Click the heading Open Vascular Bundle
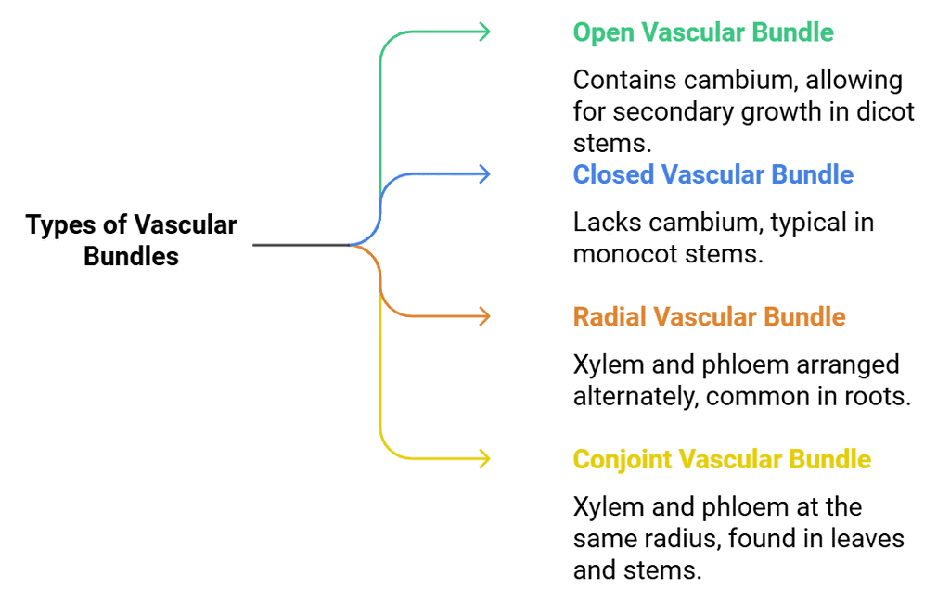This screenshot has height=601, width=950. click(x=702, y=32)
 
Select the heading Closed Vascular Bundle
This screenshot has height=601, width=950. click(x=712, y=174)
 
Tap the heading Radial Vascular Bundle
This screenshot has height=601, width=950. click(x=709, y=317)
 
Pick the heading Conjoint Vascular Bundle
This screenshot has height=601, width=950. click(x=722, y=459)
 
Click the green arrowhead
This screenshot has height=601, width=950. click(x=481, y=32)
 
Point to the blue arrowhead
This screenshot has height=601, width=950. click(x=481, y=174)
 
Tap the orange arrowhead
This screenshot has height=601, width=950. click(x=481, y=317)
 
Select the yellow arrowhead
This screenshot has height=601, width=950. click(x=481, y=459)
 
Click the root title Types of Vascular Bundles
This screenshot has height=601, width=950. click(x=131, y=240)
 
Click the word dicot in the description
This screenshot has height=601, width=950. click(x=885, y=112)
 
